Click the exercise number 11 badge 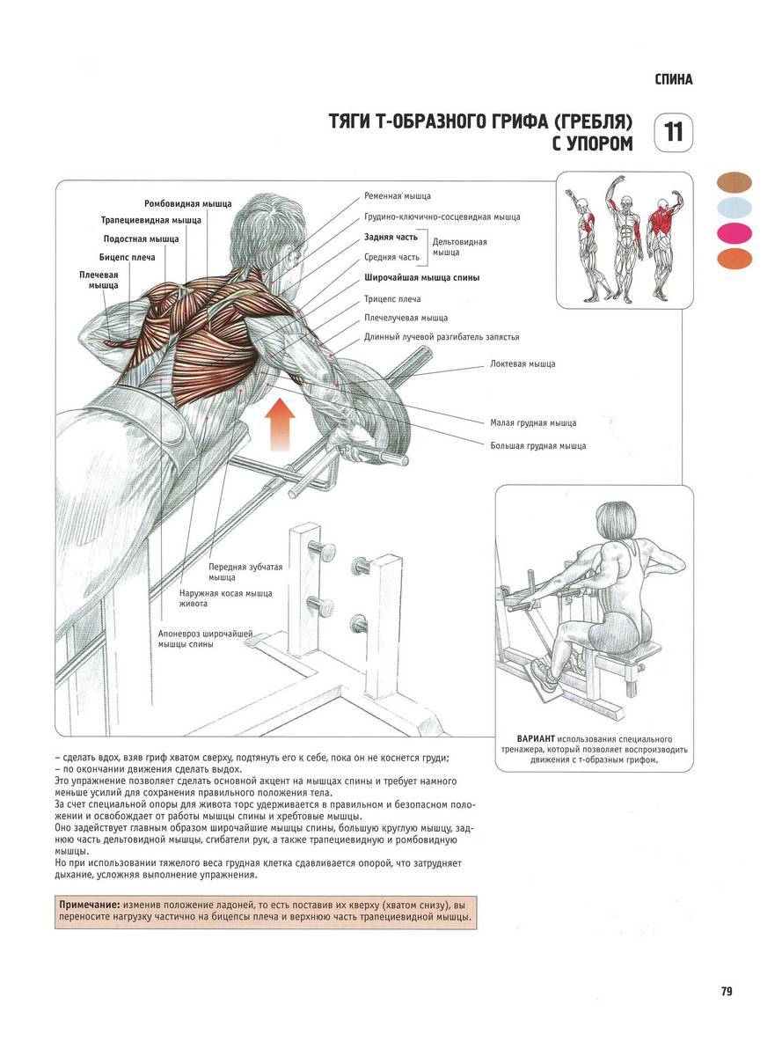tap(674, 133)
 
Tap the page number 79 tap(727, 992)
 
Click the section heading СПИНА tap(674, 79)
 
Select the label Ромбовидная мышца tap(188, 203)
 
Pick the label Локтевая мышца tap(523, 363)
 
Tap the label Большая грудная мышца tap(538, 446)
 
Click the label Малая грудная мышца tap(533, 423)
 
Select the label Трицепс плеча tap(392, 299)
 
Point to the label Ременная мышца tap(398, 195)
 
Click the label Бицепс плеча tap(129, 257)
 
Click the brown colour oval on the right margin tap(734, 182)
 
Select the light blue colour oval tap(734, 208)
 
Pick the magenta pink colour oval tap(734, 233)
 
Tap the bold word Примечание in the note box tap(89, 905)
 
